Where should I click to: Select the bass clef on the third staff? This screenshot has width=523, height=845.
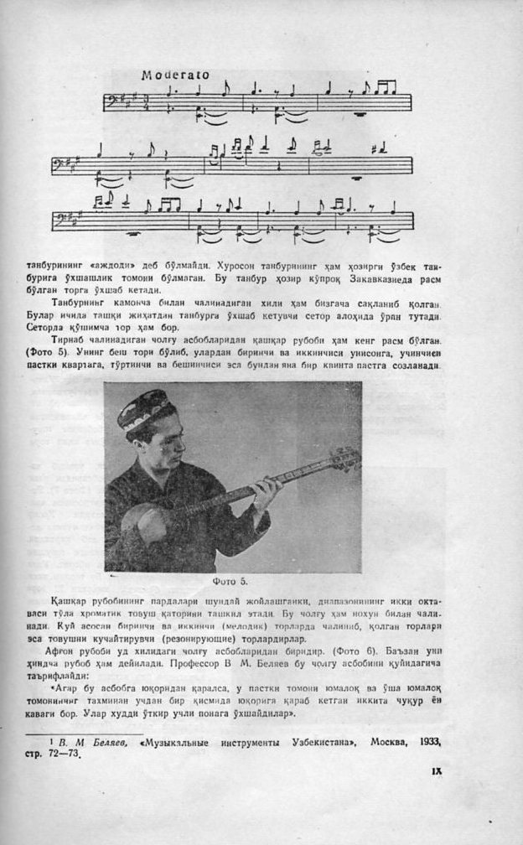(61, 220)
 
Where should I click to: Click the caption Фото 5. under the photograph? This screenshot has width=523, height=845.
(233, 579)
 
